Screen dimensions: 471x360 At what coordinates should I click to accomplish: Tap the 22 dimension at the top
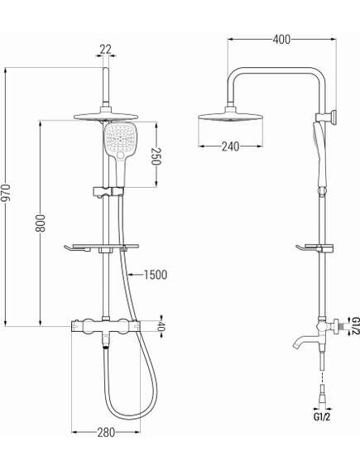point(105,50)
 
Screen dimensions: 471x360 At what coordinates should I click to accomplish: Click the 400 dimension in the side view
point(282,38)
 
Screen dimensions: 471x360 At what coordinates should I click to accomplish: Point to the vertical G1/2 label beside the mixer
point(353,326)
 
